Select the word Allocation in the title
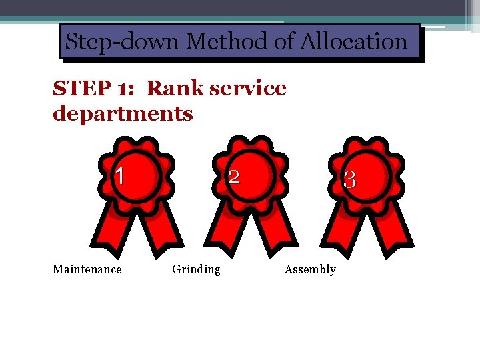click(354, 42)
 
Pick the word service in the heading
click(247, 88)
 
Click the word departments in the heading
click(123, 113)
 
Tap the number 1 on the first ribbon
click(119, 175)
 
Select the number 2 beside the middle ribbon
click(234, 177)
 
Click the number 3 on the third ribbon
click(349, 179)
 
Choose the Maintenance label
click(87, 269)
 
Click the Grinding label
click(196, 269)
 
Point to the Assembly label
click(310, 269)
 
